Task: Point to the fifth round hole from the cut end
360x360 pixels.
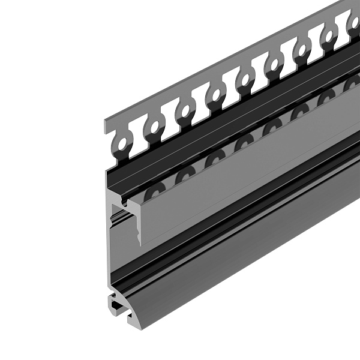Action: coord(245,79)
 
